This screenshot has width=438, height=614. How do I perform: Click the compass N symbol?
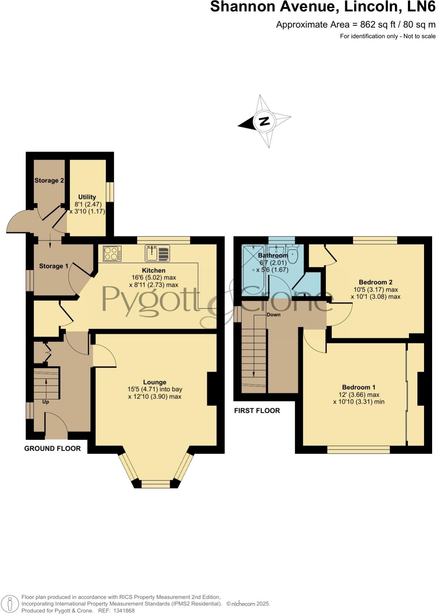point(264,121)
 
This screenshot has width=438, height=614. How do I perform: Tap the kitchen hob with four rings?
point(112,253)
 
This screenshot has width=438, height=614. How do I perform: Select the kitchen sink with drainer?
point(158,253)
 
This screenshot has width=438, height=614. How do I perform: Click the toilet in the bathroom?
point(292,255)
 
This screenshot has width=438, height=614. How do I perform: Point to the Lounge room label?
point(155,382)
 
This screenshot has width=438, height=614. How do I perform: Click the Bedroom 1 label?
point(359,387)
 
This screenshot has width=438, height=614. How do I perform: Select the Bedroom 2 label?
point(376,282)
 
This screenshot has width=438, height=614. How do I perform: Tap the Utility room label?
point(87,197)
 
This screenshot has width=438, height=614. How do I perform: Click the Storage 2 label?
point(49,180)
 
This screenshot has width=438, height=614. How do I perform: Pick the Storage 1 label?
point(54,266)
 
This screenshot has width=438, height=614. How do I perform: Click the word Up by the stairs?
point(46,402)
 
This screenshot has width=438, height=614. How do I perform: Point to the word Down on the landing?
point(273,315)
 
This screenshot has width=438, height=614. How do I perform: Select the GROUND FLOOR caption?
point(53,448)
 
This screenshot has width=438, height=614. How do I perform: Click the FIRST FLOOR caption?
point(257,411)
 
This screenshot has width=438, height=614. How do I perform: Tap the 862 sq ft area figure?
point(330,25)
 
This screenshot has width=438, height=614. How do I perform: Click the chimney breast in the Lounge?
point(212,389)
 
